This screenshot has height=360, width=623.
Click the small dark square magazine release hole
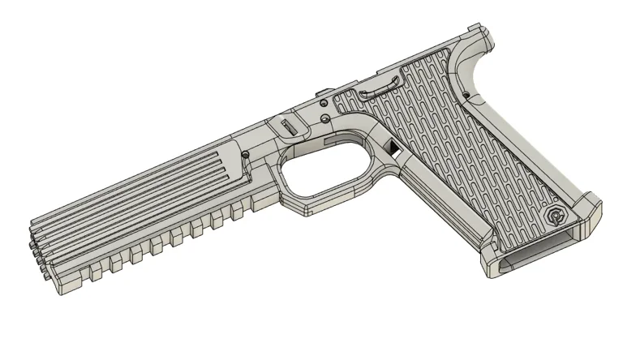pyautogui.click(x=394, y=148)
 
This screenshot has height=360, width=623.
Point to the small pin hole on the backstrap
pyautogui.click(x=468, y=96)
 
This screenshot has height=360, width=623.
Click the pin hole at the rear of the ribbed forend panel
pyautogui.click(x=245, y=153)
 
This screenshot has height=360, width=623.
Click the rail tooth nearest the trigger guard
pyautogui.click(x=237, y=212)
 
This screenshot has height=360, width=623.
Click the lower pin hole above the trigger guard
pyautogui.click(x=326, y=120)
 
